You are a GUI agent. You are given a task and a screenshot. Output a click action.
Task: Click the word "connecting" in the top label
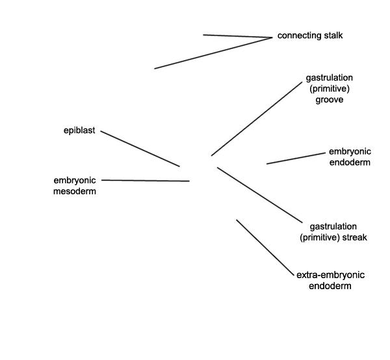tap(300, 36)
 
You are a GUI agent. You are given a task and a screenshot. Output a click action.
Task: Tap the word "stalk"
tap(333, 35)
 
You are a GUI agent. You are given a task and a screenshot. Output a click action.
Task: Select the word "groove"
tap(330, 100)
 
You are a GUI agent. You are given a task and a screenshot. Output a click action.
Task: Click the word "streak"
tap(355, 237)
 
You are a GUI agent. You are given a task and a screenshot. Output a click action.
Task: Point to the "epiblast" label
tap(79, 130)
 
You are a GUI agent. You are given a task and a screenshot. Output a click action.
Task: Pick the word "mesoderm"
tap(75, 192)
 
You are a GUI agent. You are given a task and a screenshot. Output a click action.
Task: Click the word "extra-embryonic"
tap(331, 276)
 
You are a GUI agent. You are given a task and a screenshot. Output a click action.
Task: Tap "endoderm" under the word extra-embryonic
tap(330, 286)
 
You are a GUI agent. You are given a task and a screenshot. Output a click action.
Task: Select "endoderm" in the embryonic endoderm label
tap(350, 162)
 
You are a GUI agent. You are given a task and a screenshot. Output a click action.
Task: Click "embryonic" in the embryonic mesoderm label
tap(75, 181)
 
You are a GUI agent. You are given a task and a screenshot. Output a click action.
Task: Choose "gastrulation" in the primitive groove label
tap(329, 78)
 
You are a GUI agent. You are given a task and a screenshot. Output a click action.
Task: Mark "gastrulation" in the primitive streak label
tap(333, 227)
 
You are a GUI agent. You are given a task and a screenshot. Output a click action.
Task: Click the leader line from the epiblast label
tap(140, 149)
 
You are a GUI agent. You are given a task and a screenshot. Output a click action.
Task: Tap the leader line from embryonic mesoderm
tap(146, 181)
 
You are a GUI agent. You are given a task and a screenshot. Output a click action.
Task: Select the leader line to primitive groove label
tap(257, 119)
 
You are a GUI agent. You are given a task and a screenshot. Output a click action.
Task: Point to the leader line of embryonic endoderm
tap(296, 159)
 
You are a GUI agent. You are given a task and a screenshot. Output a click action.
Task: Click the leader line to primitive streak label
tap(260, 195)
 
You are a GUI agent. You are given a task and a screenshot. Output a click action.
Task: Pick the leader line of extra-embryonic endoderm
tap(265, 248)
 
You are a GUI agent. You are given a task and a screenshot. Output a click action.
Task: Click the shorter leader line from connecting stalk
tap(238, 36)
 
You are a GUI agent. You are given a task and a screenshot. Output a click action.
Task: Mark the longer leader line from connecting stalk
tap(213, 53)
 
